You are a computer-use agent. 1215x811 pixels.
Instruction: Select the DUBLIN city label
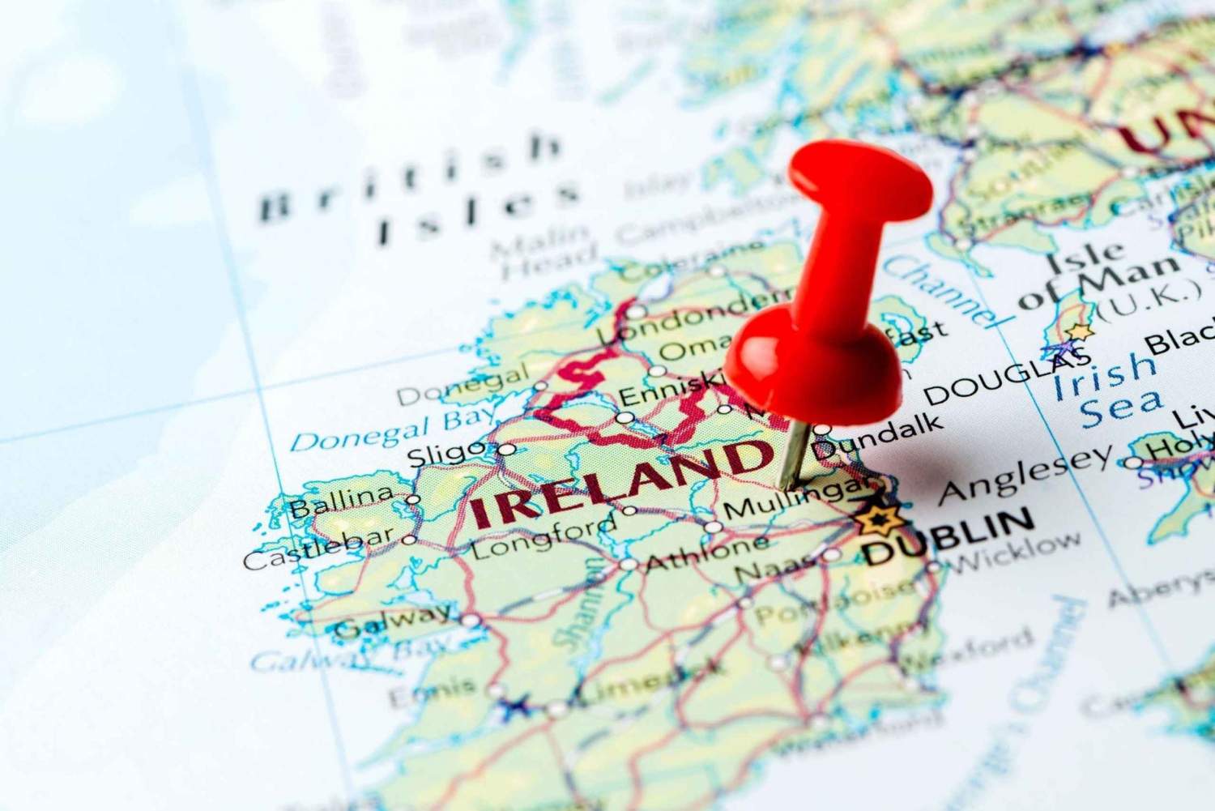[x=948, y=537]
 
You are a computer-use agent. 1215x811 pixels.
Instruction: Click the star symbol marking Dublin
[x=875, y=519]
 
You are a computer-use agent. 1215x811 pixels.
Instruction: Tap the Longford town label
[x=544, y=538]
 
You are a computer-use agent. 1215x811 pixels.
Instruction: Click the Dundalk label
[x=879, y=438]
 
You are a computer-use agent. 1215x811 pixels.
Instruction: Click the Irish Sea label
[x=1110, y=390]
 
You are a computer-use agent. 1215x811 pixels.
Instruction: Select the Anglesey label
[x=1026, y=475]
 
